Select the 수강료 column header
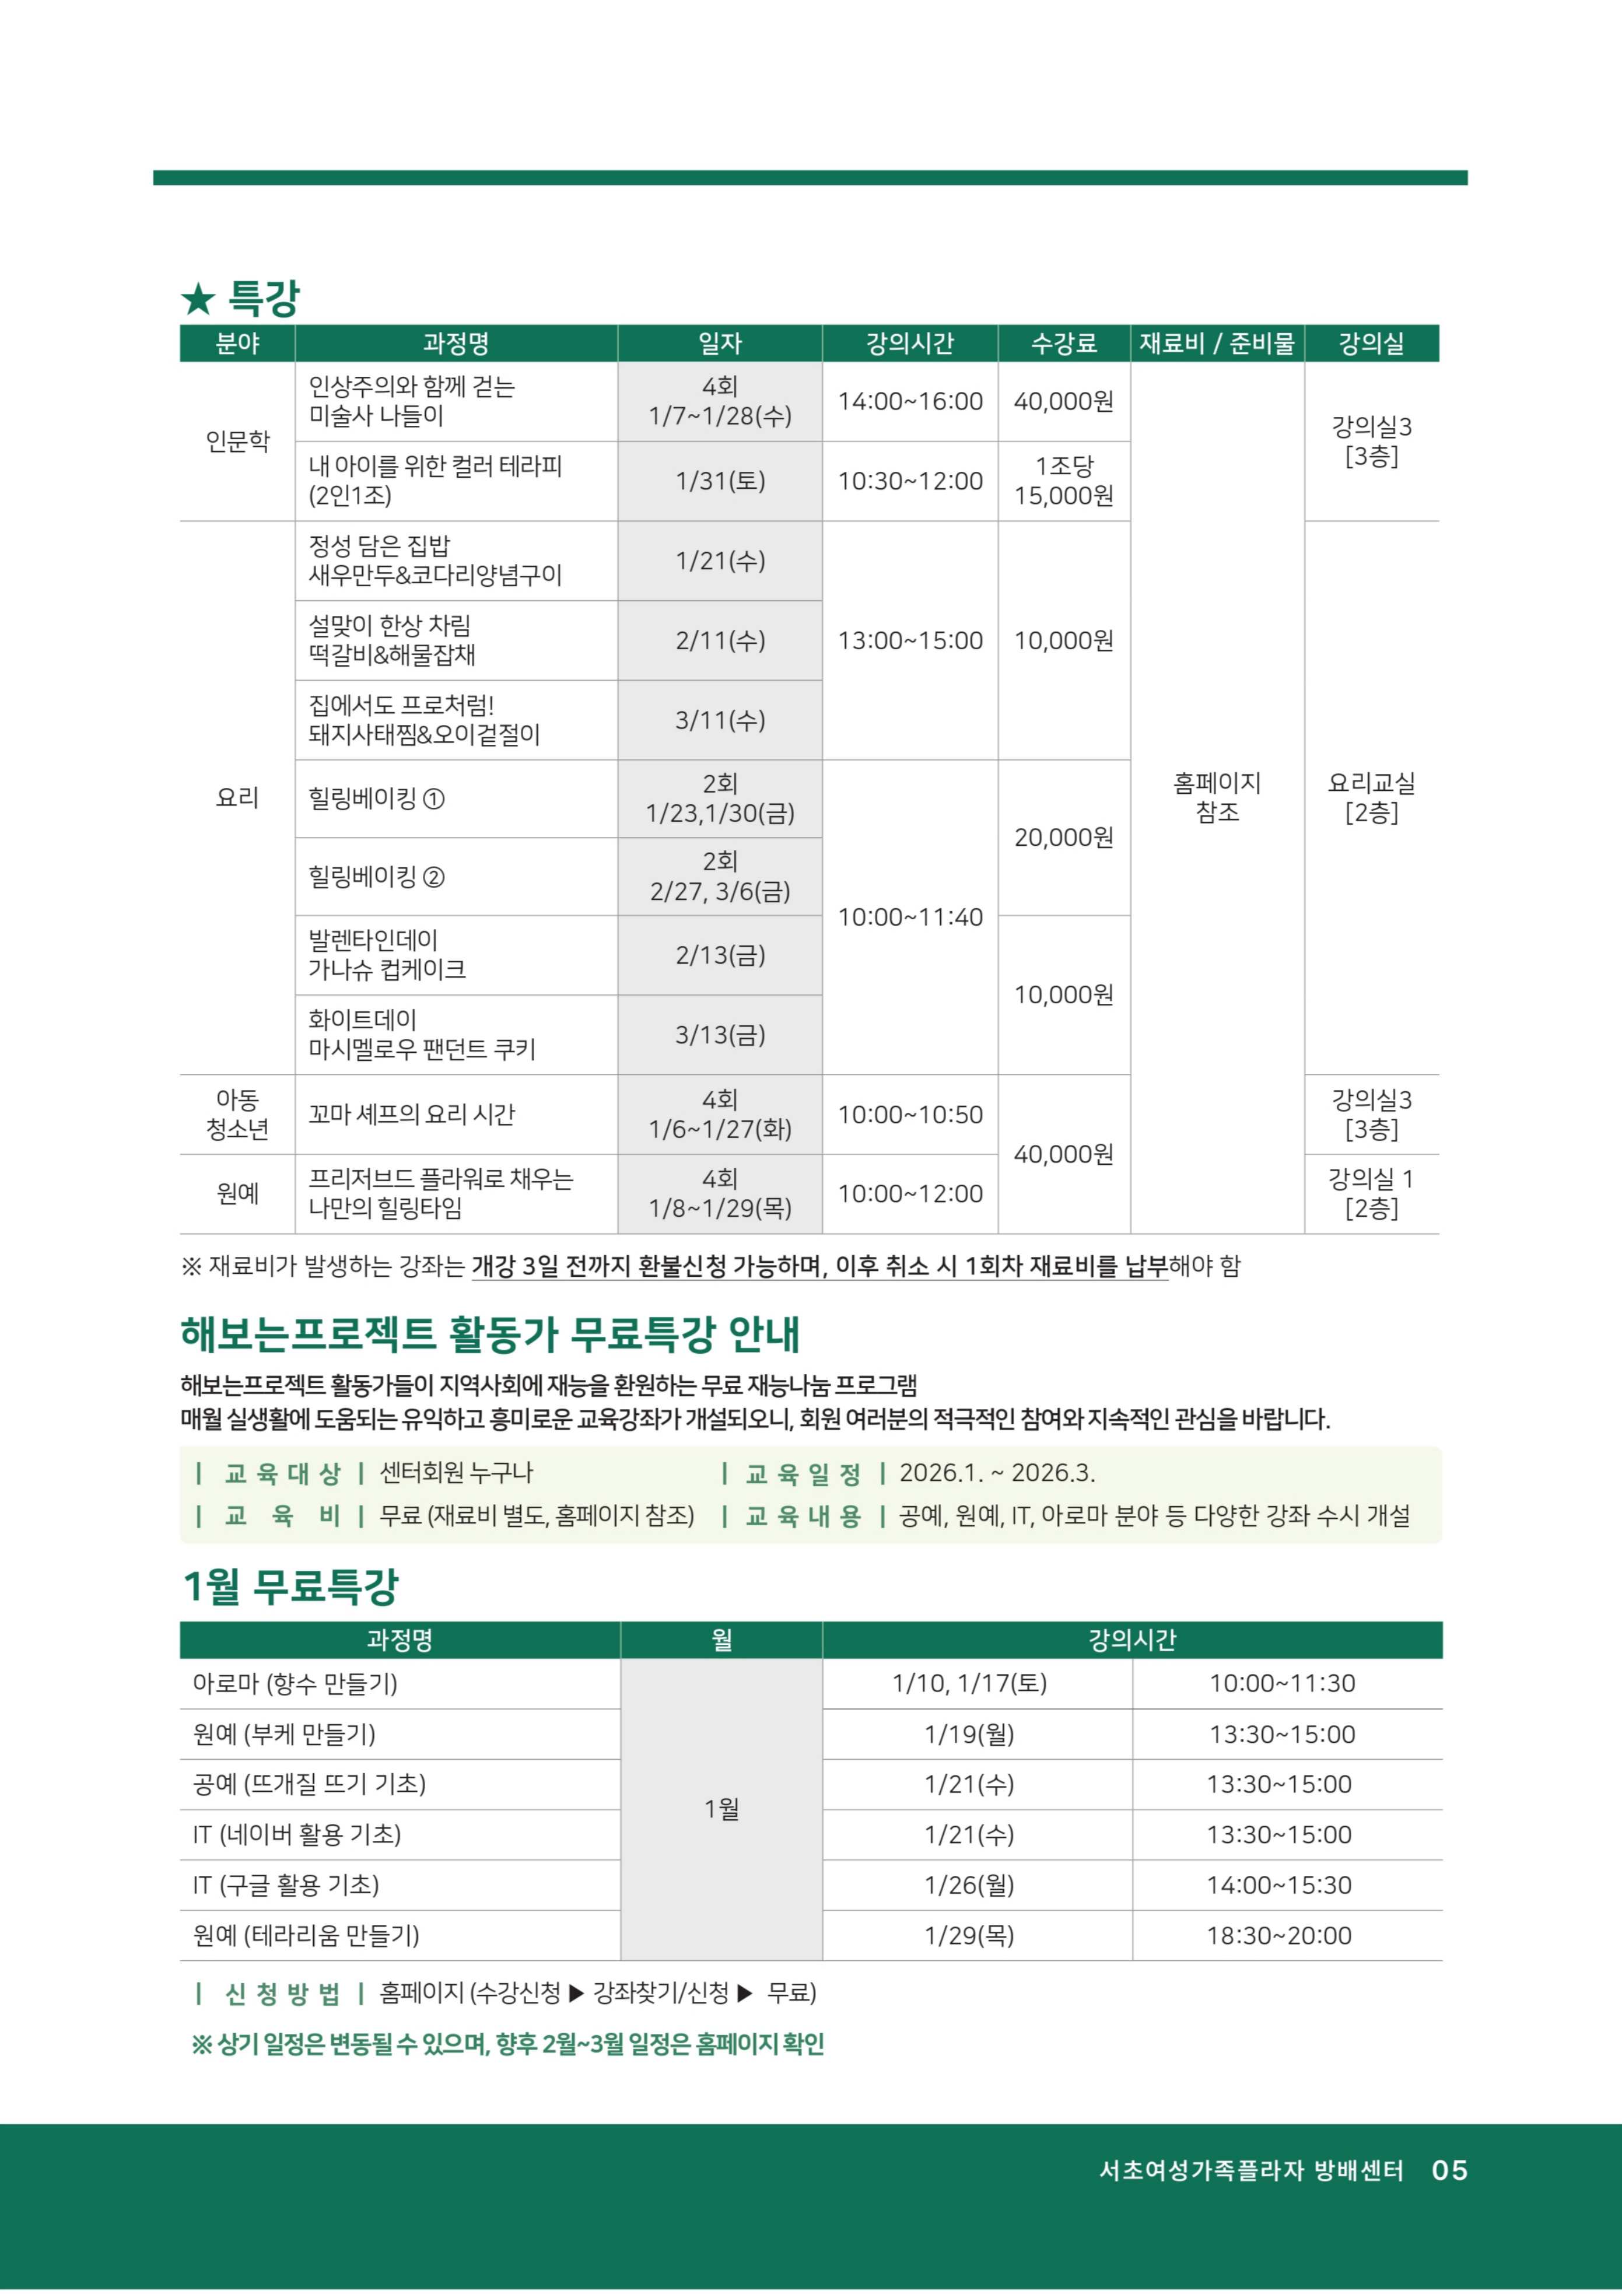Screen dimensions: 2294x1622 click(1063, 344)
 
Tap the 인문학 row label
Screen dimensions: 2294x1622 click(238, 440)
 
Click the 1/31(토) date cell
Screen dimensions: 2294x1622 click(720, 481)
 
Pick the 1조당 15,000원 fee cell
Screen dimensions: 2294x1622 click(1063, 481)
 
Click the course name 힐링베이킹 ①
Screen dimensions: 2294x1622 click(377, 798)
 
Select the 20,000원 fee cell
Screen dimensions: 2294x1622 click(1063, 837)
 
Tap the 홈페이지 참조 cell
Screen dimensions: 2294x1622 click(1216, 797)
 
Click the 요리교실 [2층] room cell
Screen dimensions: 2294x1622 click(1371, 797)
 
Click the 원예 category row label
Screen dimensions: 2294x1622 click(238, 1193)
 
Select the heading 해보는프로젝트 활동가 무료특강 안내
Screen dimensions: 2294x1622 click(490, 1334)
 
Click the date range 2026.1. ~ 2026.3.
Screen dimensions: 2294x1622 click(996, 1473)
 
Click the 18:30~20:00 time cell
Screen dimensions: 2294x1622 click(1278, 1935)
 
